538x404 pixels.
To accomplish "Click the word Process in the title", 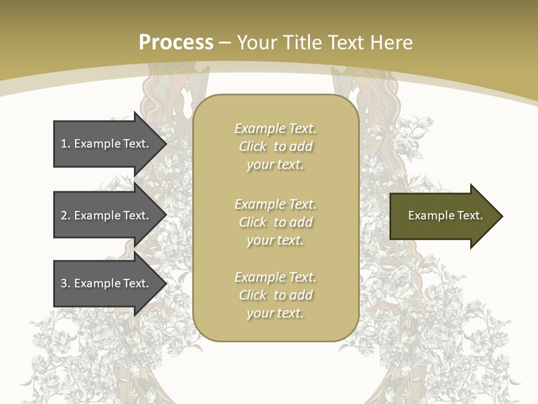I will [x=176, y=43].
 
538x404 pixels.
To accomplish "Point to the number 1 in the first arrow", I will [x=64, y=144].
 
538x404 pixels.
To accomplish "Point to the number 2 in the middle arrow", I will [x=64, y=215].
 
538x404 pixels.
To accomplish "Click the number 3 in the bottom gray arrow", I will [x=64, y=283].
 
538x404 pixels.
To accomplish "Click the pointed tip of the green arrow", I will [x=501, y=216].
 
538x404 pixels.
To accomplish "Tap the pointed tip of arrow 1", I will [x=165, y=144].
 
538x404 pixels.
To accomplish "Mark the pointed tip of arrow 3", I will [x=165, y=283].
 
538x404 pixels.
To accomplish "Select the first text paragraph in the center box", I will [x=275, y=146].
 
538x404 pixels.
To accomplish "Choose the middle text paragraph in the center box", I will [x=275, y=222].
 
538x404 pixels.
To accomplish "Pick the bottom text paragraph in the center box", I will [x=275, y=295].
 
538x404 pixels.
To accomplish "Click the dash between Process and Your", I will [x=225, y=43].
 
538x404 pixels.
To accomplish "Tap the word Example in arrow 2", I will [x=97, y=215].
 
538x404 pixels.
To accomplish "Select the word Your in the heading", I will [x=258, y=43].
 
